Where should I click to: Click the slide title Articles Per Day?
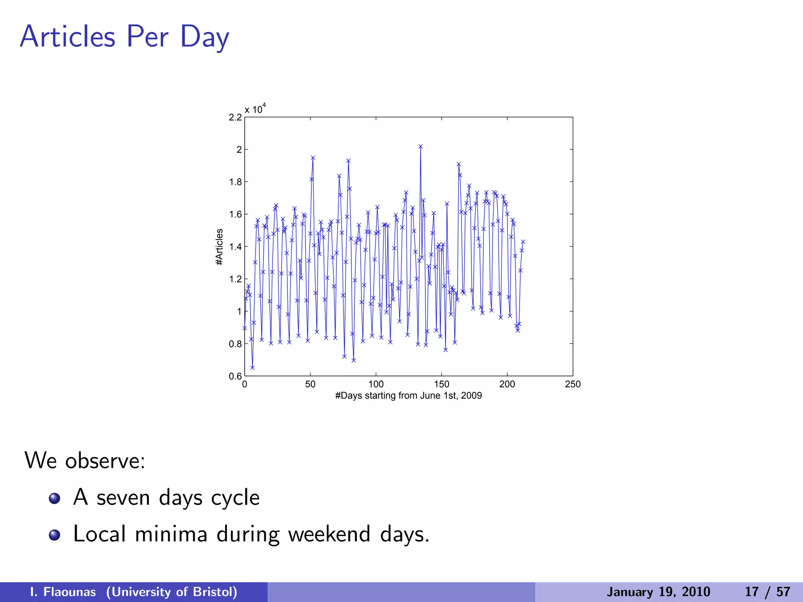(124, 37)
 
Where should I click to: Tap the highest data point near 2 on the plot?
(420, 147)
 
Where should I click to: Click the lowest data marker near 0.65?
(253, 368)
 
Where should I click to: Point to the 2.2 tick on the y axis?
(235, 117)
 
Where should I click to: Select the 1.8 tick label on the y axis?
(235, 182)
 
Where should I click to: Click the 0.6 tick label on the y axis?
(235, 376)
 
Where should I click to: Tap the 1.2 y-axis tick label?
(235, 279)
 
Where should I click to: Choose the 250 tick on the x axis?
(572, 384)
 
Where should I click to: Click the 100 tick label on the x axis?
(376, 384)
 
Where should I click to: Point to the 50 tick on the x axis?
(310, 384)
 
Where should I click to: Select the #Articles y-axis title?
(220, 247)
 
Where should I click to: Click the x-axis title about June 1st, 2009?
(408, 395)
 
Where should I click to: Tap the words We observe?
(85, 460)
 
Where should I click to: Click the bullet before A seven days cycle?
(55, 498)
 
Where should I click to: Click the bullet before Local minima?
(55, 535)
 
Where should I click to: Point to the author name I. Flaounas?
(63, 592)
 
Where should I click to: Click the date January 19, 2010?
(658, 592)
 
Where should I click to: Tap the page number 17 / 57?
(767, 592)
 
